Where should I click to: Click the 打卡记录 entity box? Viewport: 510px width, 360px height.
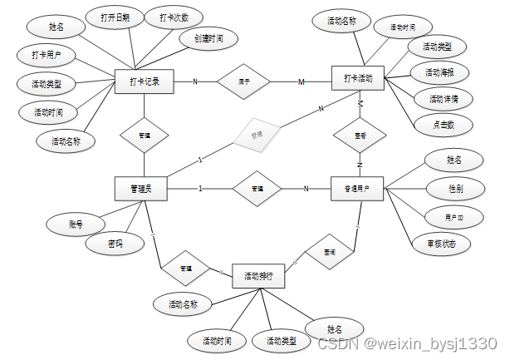[145, 81]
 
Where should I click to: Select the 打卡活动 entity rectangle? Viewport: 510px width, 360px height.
[358, 79]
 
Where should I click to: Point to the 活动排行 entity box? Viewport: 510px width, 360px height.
[258, 276]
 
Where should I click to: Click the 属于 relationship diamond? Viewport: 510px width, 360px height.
[244, 81]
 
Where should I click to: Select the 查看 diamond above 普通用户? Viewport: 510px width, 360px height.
[359, 135]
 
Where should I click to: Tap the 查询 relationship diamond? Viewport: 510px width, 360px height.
[326, 251]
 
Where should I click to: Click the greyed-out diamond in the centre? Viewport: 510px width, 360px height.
[257, 135]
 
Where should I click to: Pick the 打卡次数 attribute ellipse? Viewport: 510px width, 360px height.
[171, 17]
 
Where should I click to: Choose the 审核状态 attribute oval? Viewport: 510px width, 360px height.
[441, 244]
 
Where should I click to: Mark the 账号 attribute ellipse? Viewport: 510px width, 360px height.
[75, 224]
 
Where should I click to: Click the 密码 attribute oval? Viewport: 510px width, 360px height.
[115, 244]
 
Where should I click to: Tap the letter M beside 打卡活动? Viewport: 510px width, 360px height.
[302, 81]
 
